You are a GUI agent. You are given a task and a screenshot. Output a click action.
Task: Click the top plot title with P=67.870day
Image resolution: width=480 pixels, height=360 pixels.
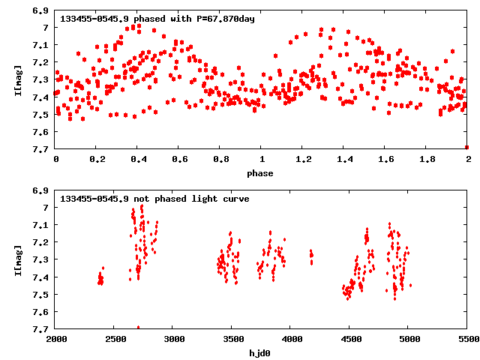point(157,19)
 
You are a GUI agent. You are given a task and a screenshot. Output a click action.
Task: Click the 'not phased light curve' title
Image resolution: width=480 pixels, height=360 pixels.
point(154,199)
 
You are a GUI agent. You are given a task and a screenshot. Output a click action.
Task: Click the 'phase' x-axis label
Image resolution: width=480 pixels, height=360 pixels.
point(262,173)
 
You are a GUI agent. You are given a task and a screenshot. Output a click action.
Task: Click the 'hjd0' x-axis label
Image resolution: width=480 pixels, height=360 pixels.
point(262,353)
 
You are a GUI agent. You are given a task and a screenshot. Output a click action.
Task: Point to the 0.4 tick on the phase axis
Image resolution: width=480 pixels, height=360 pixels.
point(138,160)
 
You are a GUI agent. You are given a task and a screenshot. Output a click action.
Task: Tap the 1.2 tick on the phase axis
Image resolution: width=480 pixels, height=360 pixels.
point(303,160)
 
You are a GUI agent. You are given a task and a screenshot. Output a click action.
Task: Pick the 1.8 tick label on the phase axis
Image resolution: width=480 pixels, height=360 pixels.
point(427,160)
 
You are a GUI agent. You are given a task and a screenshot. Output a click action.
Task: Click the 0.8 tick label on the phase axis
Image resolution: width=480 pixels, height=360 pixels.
point(220,160)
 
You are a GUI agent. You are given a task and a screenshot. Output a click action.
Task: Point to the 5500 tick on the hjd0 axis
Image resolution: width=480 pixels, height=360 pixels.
point(467,340)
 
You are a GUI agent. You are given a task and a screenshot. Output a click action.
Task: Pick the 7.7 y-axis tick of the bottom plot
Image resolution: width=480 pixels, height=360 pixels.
point(42,329)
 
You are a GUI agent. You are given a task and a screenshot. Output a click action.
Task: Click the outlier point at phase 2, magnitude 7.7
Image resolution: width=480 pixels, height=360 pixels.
point(466,147)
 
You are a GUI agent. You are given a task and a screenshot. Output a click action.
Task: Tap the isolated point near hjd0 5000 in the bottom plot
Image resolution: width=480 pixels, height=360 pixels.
point(410,286)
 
